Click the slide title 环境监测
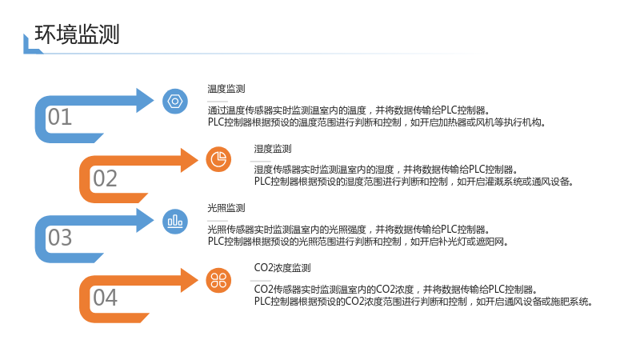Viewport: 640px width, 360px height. point(77,34)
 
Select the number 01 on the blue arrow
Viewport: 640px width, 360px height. point(59,117)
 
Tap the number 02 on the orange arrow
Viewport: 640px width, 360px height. point(105,178)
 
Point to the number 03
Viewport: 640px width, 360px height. point(59,238)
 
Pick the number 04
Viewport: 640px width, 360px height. point(105,298)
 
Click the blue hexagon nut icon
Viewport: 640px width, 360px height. point(175,102)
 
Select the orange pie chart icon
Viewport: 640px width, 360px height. point(218,159)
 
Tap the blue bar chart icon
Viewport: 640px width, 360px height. point(175,222)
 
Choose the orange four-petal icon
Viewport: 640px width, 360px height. point(218,281)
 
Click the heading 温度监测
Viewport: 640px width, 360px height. point(226,89)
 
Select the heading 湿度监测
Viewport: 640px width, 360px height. point(273,149)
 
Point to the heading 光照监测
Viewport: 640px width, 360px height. point(226,208)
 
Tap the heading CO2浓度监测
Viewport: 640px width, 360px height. point(282,268)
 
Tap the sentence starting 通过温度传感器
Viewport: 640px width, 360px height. point(349,110)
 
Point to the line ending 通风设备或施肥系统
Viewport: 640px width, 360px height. point(423,302)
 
